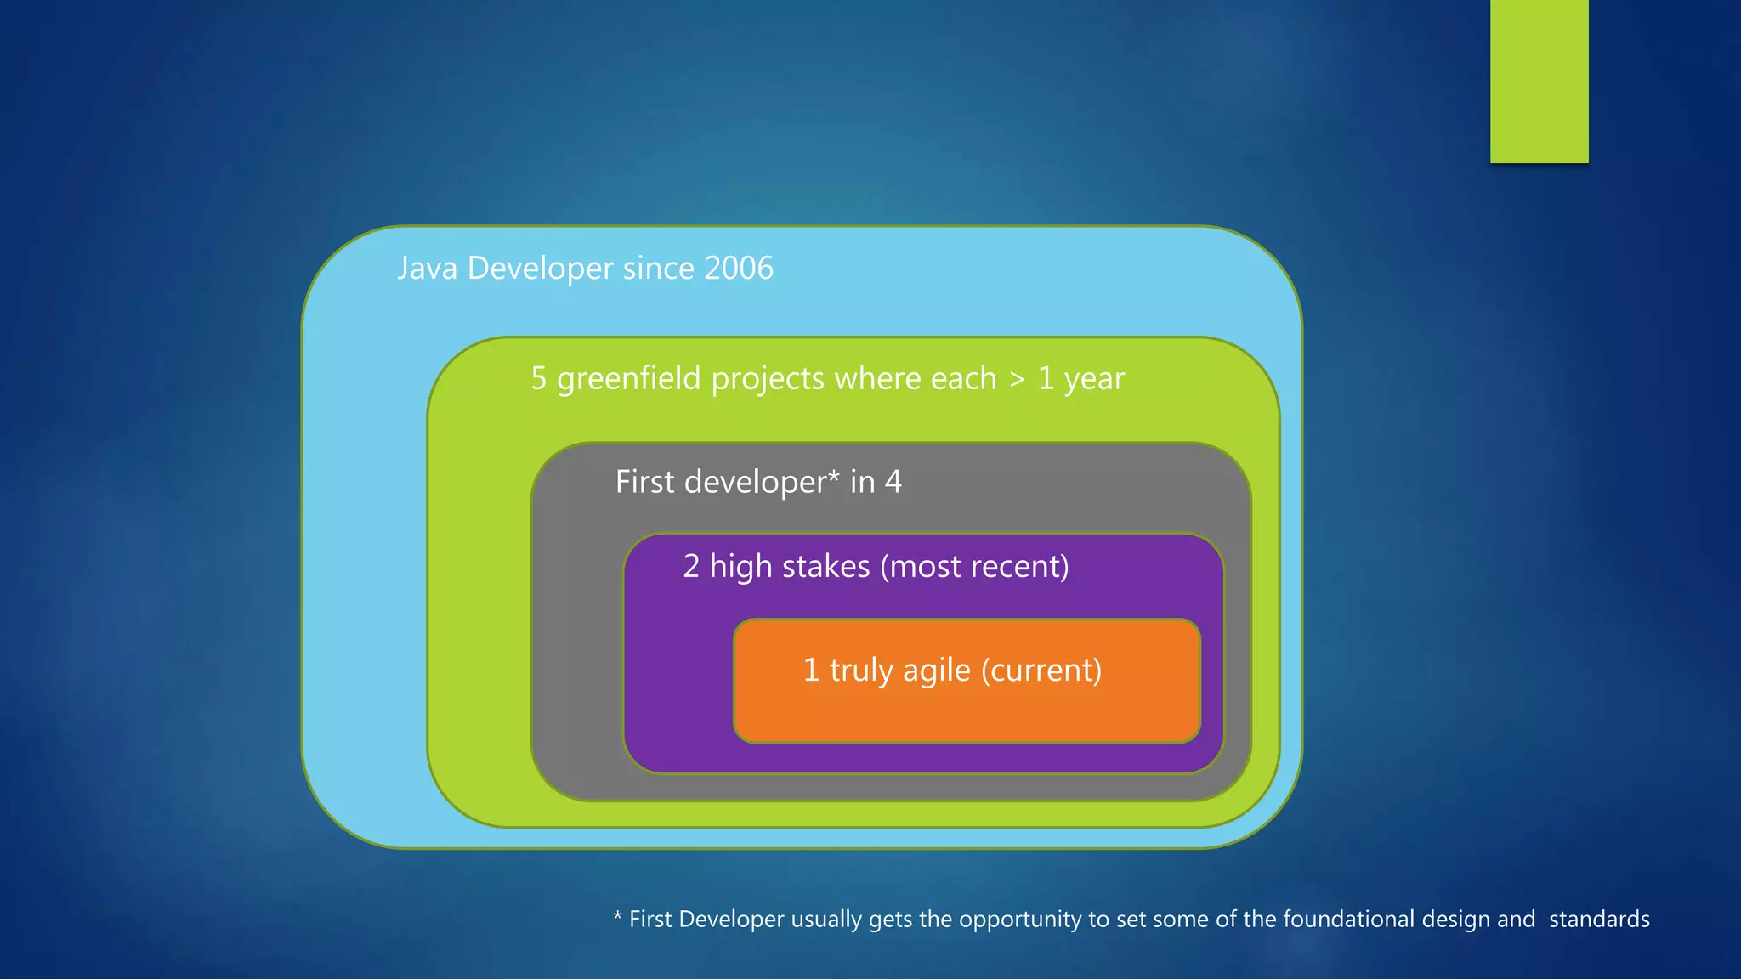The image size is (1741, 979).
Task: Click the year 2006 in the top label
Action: [x=738, y=269]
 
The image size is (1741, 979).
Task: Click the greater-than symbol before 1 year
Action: [x=1017, y=379]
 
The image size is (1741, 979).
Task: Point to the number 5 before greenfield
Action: [x=539, y=379]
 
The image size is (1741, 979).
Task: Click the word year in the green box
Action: [x=1094, y=380]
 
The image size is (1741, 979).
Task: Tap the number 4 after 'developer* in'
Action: [x=893, y=482]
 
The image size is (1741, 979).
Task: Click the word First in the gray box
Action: [x=644, y=482]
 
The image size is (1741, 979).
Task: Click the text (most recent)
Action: [x=974, y=567]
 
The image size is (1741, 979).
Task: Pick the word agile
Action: [x=936, y=671]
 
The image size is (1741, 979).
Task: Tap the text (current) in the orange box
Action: [x=1041, y=671]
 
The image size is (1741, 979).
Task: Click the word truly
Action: [x=861, y=671]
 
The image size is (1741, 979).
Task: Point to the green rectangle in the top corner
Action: [x=1539, y=81]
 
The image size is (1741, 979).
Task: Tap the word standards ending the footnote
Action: [x=1599, y=919]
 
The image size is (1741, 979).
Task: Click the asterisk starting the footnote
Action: [x=618, y=916]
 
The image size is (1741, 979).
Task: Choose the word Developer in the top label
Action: [x=540, y=269]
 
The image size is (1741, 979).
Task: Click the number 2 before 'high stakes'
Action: [x=691, y=567]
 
